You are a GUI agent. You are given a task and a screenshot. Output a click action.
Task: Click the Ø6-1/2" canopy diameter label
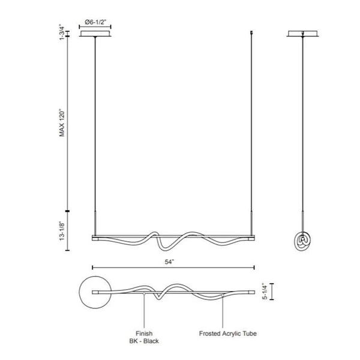click(95, 22)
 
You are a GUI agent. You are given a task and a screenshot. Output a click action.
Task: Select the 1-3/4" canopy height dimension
click(62, 32)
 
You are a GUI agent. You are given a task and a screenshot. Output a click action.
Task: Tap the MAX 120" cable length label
click(62, 124)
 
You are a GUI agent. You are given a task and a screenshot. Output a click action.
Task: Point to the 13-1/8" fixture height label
click(62, 231)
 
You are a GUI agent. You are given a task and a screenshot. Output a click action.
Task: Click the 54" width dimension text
click(170, 262)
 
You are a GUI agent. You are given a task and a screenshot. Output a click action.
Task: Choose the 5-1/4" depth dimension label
click(265, 292)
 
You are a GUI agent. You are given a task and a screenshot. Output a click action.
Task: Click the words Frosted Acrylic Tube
click(228, 334)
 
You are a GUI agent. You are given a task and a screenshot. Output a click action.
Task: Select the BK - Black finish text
click(144, 341)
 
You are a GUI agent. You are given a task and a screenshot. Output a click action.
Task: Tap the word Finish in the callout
click(144, 334)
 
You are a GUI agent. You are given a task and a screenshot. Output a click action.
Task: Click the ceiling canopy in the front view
click(95, 34)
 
